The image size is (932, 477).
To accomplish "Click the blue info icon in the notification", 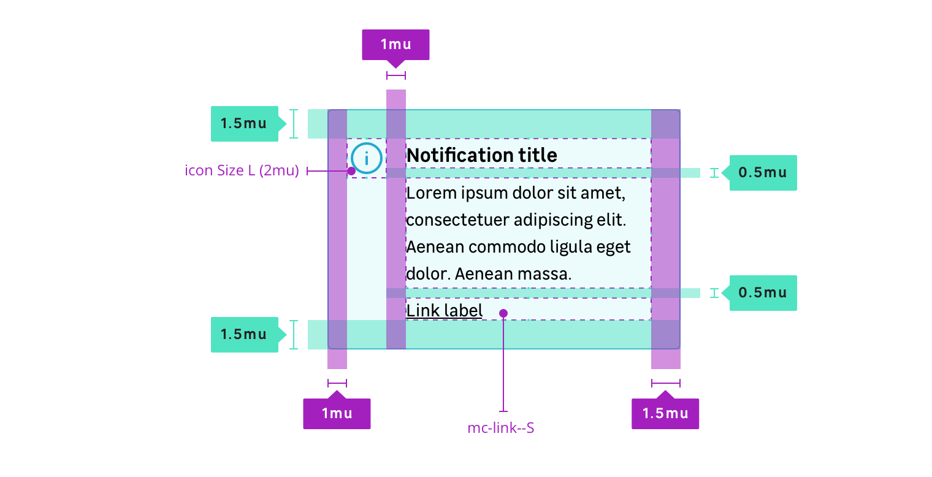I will [x=367, y=159].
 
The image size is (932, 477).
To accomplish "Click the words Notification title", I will [x=481, y=155].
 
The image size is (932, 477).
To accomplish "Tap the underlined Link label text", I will [x=445, y=311].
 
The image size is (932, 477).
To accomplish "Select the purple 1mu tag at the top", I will [x=395, y=44].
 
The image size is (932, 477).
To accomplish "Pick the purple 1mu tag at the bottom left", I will [x=337, y=413].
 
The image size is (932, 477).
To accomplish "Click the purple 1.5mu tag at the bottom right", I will [x=665, y=413].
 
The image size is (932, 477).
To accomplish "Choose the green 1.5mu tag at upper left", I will [x=244, y=124].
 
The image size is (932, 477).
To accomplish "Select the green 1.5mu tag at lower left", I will [x=244, y=335].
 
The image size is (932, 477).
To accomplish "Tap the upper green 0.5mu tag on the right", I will [x=763, y=173].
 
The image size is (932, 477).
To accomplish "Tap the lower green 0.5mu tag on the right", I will [x=763, y=293].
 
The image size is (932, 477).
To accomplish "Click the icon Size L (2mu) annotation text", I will [x=242, y=171].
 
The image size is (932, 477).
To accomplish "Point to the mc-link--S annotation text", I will [x=501, y=428].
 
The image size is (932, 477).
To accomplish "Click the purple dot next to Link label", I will [x=503, y=313].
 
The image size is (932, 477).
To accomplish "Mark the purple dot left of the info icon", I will [x=351, y=171].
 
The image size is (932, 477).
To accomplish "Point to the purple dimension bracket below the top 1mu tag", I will [x=395, y=75].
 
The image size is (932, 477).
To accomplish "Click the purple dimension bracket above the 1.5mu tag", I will [x=665, y=384].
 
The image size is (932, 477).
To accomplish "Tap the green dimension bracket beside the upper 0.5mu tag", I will [x=713, y=173].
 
